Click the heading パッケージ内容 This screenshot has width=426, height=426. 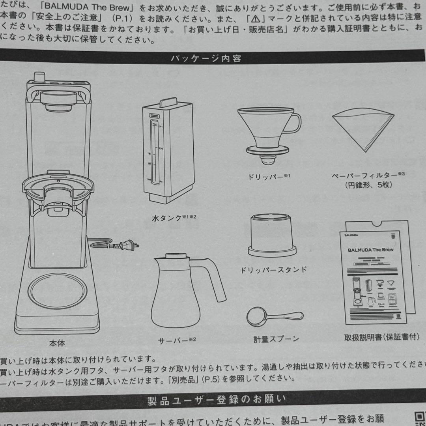coord(206,59)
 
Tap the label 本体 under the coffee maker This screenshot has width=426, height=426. coord(57,343)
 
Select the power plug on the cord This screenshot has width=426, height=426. coord(127,246)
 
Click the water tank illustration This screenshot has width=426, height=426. coord(168,150)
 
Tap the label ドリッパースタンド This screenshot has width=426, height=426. coord(273,270)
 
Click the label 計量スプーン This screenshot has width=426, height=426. coord(277,338)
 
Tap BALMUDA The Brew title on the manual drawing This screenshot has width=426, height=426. coord(370,250)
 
